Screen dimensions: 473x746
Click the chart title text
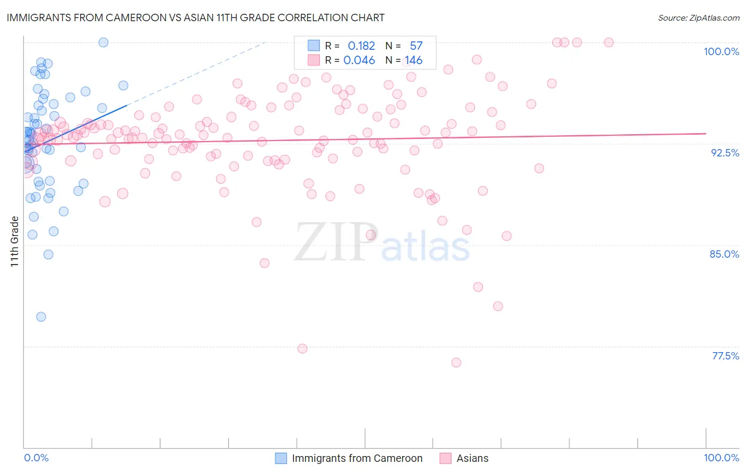195,17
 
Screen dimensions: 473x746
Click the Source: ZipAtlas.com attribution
698,17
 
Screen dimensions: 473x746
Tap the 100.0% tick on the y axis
721,51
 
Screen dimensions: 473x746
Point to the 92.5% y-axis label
725,153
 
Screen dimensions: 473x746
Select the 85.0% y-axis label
724,254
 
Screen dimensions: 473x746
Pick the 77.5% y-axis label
725,356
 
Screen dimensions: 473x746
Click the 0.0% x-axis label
36,458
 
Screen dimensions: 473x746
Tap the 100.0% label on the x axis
721,458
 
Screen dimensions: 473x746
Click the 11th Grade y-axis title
15,241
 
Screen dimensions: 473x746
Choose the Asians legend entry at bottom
472,458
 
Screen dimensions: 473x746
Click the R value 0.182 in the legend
361,46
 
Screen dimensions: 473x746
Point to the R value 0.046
359,60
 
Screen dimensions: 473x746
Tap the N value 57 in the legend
416,46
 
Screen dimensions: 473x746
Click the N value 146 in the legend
414,60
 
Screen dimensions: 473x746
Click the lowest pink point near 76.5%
456,363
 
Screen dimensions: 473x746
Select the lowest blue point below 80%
41,317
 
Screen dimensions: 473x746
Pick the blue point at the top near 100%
103,42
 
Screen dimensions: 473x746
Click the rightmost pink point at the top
609,42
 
